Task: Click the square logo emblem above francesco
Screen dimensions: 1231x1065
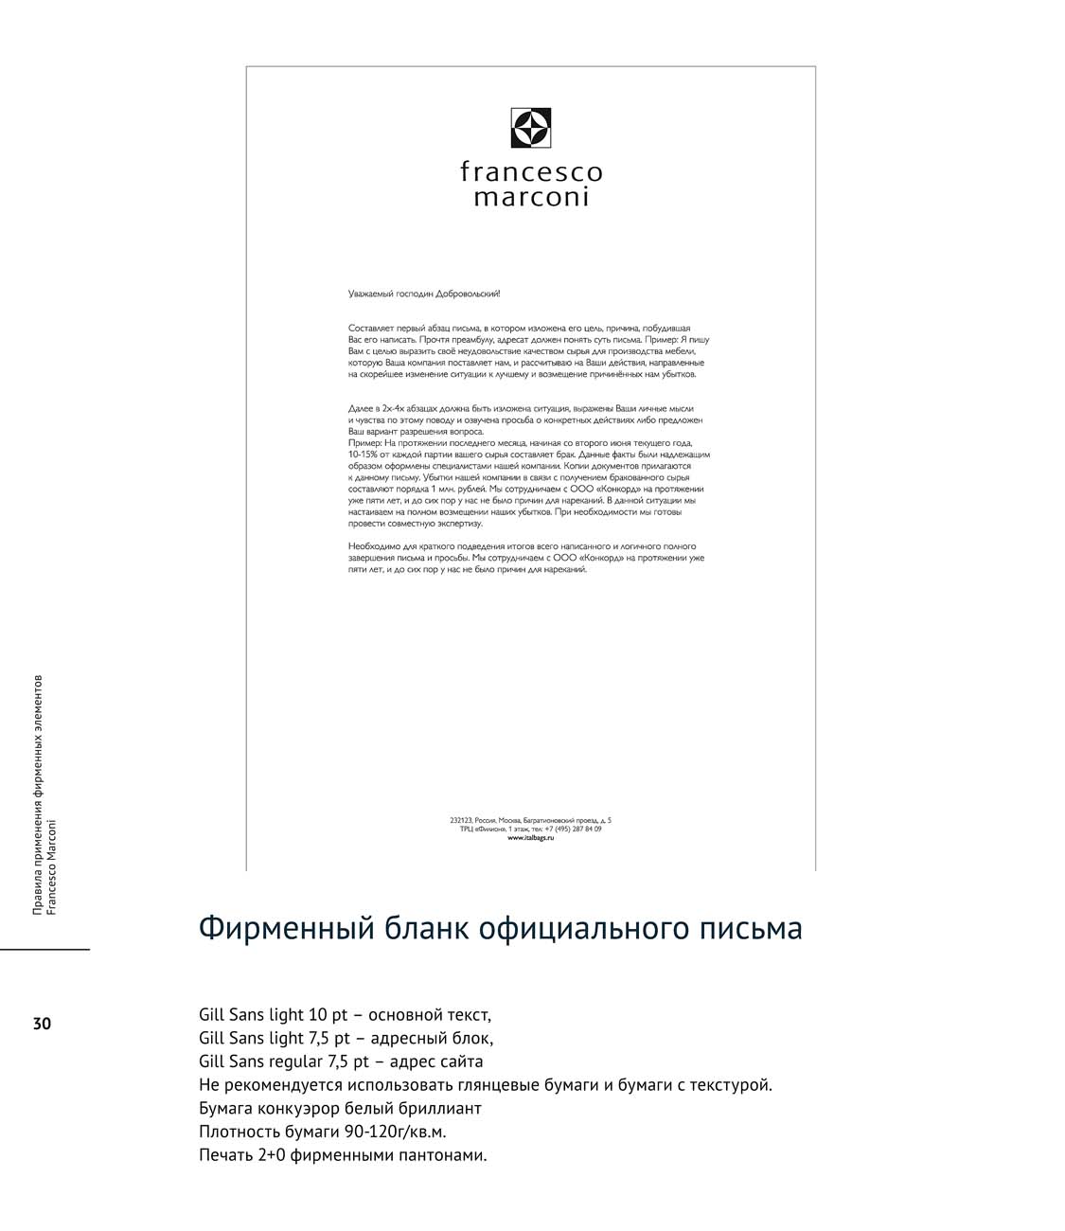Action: coord(531,129)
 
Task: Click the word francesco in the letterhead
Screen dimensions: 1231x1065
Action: coord(531,172)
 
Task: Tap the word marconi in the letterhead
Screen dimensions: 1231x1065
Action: coord(531,197)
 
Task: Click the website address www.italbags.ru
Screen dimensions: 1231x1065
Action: coord(531,837)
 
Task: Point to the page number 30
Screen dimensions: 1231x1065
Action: coord(42,1024)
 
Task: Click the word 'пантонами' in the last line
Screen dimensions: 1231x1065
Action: coord(441,1154)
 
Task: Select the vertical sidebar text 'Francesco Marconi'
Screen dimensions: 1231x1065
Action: coord(51,866)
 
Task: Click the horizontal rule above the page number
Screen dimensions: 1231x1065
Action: coord(44,949)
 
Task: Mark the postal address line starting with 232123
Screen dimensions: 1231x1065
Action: coord(531,820)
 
